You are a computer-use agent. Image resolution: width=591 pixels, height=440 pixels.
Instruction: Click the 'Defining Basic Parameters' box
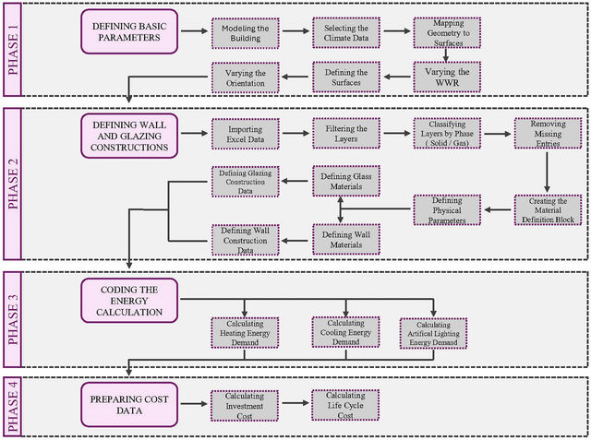[x=129, y=31]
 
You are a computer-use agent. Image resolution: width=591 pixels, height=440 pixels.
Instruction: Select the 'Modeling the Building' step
[x=246, y=33]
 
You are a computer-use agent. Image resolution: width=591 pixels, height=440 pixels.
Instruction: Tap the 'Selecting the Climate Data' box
[x=346, y=32]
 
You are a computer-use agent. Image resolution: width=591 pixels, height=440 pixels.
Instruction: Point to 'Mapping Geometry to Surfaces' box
[x=447, y=32]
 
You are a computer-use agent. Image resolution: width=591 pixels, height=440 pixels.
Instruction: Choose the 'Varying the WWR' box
[x=447, y=77]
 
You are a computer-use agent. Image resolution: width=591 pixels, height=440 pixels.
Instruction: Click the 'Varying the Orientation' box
[x=246, y=77]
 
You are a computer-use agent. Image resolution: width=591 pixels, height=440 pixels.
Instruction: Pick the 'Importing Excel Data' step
[x=246, y=134]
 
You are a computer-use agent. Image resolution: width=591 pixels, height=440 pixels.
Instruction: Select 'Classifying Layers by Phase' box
[x=447, y=134]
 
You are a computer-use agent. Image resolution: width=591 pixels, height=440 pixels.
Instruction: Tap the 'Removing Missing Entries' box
[x=548, y=134]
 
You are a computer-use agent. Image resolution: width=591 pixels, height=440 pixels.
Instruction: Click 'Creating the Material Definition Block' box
[x=548, y=210]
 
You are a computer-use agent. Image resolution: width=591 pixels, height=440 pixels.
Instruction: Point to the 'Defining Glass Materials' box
[x=346, y=181]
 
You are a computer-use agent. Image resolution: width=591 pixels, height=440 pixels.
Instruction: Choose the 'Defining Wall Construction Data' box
[x=246, y=240]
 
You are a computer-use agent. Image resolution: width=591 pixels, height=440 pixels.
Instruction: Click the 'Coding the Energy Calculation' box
[x=129, y=301]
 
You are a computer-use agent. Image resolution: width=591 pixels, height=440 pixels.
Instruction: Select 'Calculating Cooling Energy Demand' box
[x=345, y=332]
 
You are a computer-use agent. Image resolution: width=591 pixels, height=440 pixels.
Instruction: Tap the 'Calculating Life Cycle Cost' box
[x=345, y=405]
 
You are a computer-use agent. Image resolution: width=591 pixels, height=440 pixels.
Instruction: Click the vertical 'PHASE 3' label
[x=13, y=319]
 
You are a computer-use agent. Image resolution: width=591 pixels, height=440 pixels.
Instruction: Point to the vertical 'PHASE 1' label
[x=13, y=49]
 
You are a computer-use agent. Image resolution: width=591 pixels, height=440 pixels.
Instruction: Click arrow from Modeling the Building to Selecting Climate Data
[x=295, y=30]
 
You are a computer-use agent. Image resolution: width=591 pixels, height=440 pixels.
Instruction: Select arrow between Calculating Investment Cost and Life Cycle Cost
[x=295, y=403]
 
